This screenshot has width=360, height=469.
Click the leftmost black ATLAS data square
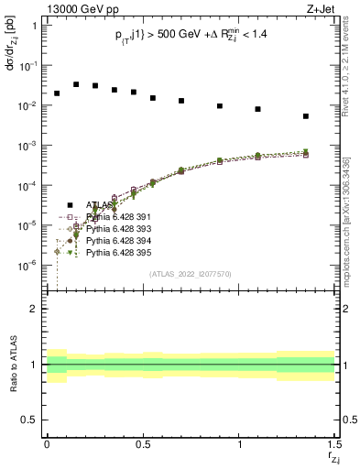[x=57, y=93]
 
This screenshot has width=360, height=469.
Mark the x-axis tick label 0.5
[x=142, y=445]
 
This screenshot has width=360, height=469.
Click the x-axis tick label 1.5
[x=333, y=445]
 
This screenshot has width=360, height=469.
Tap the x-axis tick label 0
[x=47, y=445]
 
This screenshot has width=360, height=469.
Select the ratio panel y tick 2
[x=34, y=310]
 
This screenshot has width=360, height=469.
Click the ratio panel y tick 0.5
[x=30, y=420]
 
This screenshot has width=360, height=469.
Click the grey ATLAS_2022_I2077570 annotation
[x=191, y=273]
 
